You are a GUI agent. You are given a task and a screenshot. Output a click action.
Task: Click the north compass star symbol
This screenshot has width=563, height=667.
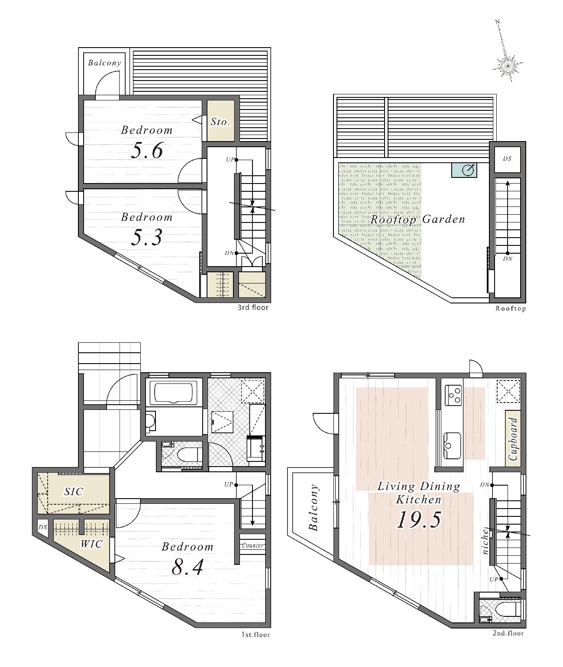(508, 67)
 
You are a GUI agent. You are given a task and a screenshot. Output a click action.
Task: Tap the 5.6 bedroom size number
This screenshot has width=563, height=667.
(147, 151)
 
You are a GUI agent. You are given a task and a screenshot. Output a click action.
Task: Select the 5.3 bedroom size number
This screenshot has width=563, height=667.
(147, 237)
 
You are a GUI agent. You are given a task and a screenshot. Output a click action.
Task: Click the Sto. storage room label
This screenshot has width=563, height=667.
(220, 121)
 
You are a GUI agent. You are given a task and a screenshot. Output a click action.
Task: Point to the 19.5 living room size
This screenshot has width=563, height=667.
(419, 519)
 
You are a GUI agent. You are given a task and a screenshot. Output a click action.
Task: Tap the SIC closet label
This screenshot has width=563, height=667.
(74, 492)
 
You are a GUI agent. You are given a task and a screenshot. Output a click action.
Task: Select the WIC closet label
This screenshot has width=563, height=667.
(91, 544)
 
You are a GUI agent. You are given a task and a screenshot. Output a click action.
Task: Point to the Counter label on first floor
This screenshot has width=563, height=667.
(252, 545)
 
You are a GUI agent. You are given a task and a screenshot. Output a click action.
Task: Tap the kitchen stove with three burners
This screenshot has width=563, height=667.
(453, 395)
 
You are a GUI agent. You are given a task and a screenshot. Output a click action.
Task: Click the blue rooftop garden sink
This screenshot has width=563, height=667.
(464, 170)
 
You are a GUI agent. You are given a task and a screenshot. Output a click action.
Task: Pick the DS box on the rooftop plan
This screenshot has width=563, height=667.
(508, 159)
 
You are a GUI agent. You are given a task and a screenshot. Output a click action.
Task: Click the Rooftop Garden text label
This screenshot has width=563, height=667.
(417, 219)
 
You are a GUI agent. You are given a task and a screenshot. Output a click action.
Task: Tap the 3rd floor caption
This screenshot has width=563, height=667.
(252, 308)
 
